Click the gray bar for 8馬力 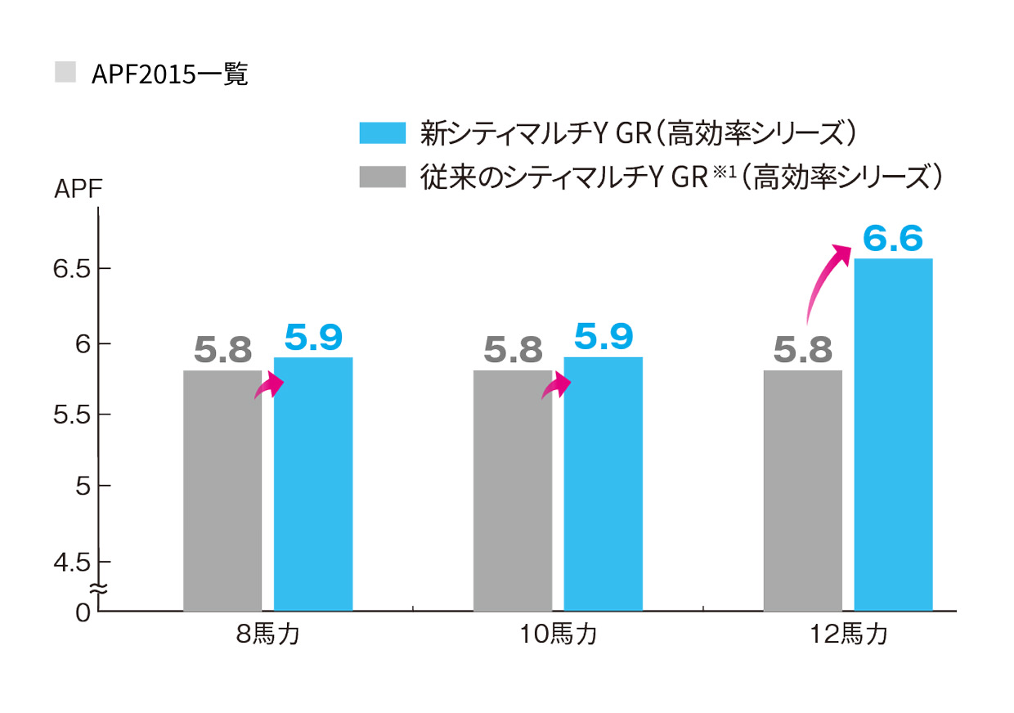coord(222,491)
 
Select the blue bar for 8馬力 coord(313,484)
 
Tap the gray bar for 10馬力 coord(513,491)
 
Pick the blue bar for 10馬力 coord(603,484)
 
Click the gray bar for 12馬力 coord(802,491)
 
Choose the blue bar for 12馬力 coord(893,434)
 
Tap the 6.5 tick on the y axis coord(72,270)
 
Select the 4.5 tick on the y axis coord(72,561)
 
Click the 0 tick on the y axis coord(82,611)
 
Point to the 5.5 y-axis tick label coord(72,415)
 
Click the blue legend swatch coord(382,132)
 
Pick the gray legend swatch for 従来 coord(382,176)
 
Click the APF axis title coord(78,191)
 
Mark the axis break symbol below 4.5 coord(97,588)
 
